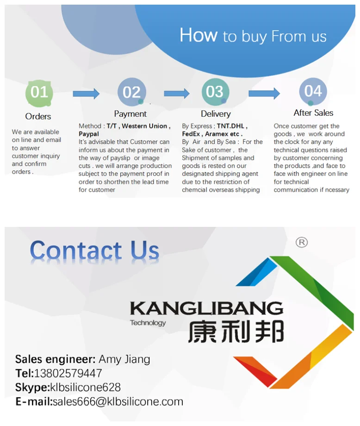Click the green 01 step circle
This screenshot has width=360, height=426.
(39, 93)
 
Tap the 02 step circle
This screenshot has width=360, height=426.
(131, 92)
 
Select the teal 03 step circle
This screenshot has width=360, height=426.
(215, 92)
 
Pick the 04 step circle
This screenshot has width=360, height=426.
(313, 91)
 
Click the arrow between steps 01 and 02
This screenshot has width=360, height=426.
(86, 94)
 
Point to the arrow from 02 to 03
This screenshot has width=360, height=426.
(176, 94)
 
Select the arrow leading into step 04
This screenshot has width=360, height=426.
(264, 94)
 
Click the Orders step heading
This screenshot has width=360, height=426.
(38, 116)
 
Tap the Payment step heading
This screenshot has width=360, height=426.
(130, 114)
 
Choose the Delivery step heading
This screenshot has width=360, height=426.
(215, 114)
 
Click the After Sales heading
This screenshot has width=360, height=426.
(313, 113)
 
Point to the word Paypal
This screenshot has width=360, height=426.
(89, 134)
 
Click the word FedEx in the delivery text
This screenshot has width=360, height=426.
(191, 134)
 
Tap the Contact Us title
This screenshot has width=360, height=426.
(94, 251)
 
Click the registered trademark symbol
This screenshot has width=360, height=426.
(301, 242)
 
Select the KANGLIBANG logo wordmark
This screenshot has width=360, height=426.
(206, 308)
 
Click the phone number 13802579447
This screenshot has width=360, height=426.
(68, 373)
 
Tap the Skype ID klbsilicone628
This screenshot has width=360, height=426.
(85, 388)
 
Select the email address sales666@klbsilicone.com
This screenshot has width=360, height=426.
(118, 402)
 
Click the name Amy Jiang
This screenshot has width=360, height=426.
(124, 359)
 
